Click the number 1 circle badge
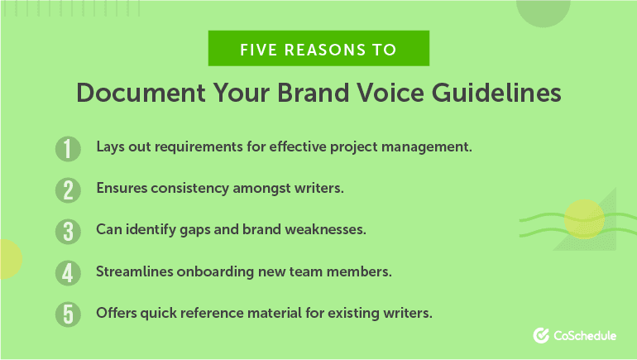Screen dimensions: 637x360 coord(68,149)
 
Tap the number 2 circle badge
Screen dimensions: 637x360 coord(68,190)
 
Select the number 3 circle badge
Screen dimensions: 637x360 coord(68,232)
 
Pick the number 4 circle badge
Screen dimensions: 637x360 coord(68,273)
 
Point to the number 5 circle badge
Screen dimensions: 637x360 coord(68,314)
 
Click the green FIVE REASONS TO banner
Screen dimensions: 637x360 coord(318,48)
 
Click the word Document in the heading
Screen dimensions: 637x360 coord(141,93)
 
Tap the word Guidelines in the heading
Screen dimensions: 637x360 coord(496,93)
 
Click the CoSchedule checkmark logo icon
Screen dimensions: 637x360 coord(541,336)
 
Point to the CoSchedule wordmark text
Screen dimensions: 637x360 coord(585,336)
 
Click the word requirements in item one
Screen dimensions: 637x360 coord(199,147)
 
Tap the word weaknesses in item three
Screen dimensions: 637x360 coord(325,229)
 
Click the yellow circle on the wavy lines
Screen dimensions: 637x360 coord(584,219)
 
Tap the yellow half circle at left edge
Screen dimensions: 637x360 coord(10,259)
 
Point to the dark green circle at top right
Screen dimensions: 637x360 coord(544,12)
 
